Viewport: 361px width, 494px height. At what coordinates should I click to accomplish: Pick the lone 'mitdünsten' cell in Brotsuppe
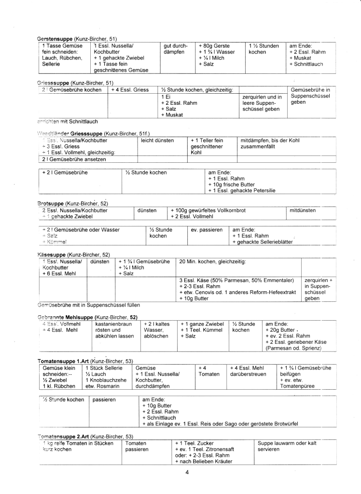(303, 210)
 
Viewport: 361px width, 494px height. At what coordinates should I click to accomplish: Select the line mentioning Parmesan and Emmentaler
(236, 280)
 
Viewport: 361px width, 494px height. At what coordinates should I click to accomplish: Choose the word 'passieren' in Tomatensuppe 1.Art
(104, 400)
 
